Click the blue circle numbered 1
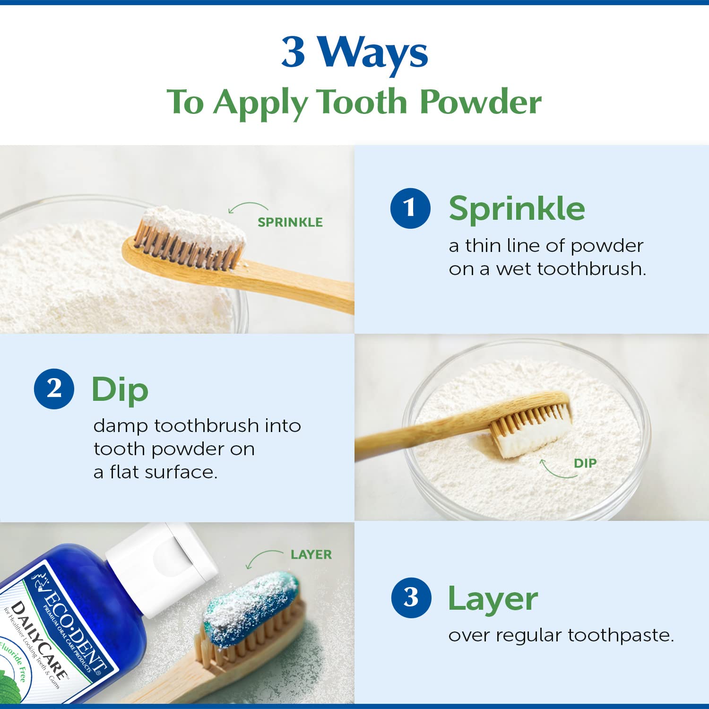[410, 208]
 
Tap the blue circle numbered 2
[54, 389]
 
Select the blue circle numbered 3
[411, 597]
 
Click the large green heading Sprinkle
[517, 208]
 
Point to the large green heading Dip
[120, 390]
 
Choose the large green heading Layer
[493, 599]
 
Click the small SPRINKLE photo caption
[290, 222]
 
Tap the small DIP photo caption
[585, 463]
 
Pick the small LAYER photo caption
[311, 554]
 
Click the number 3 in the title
[293, 52]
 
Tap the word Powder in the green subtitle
[480, 102]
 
